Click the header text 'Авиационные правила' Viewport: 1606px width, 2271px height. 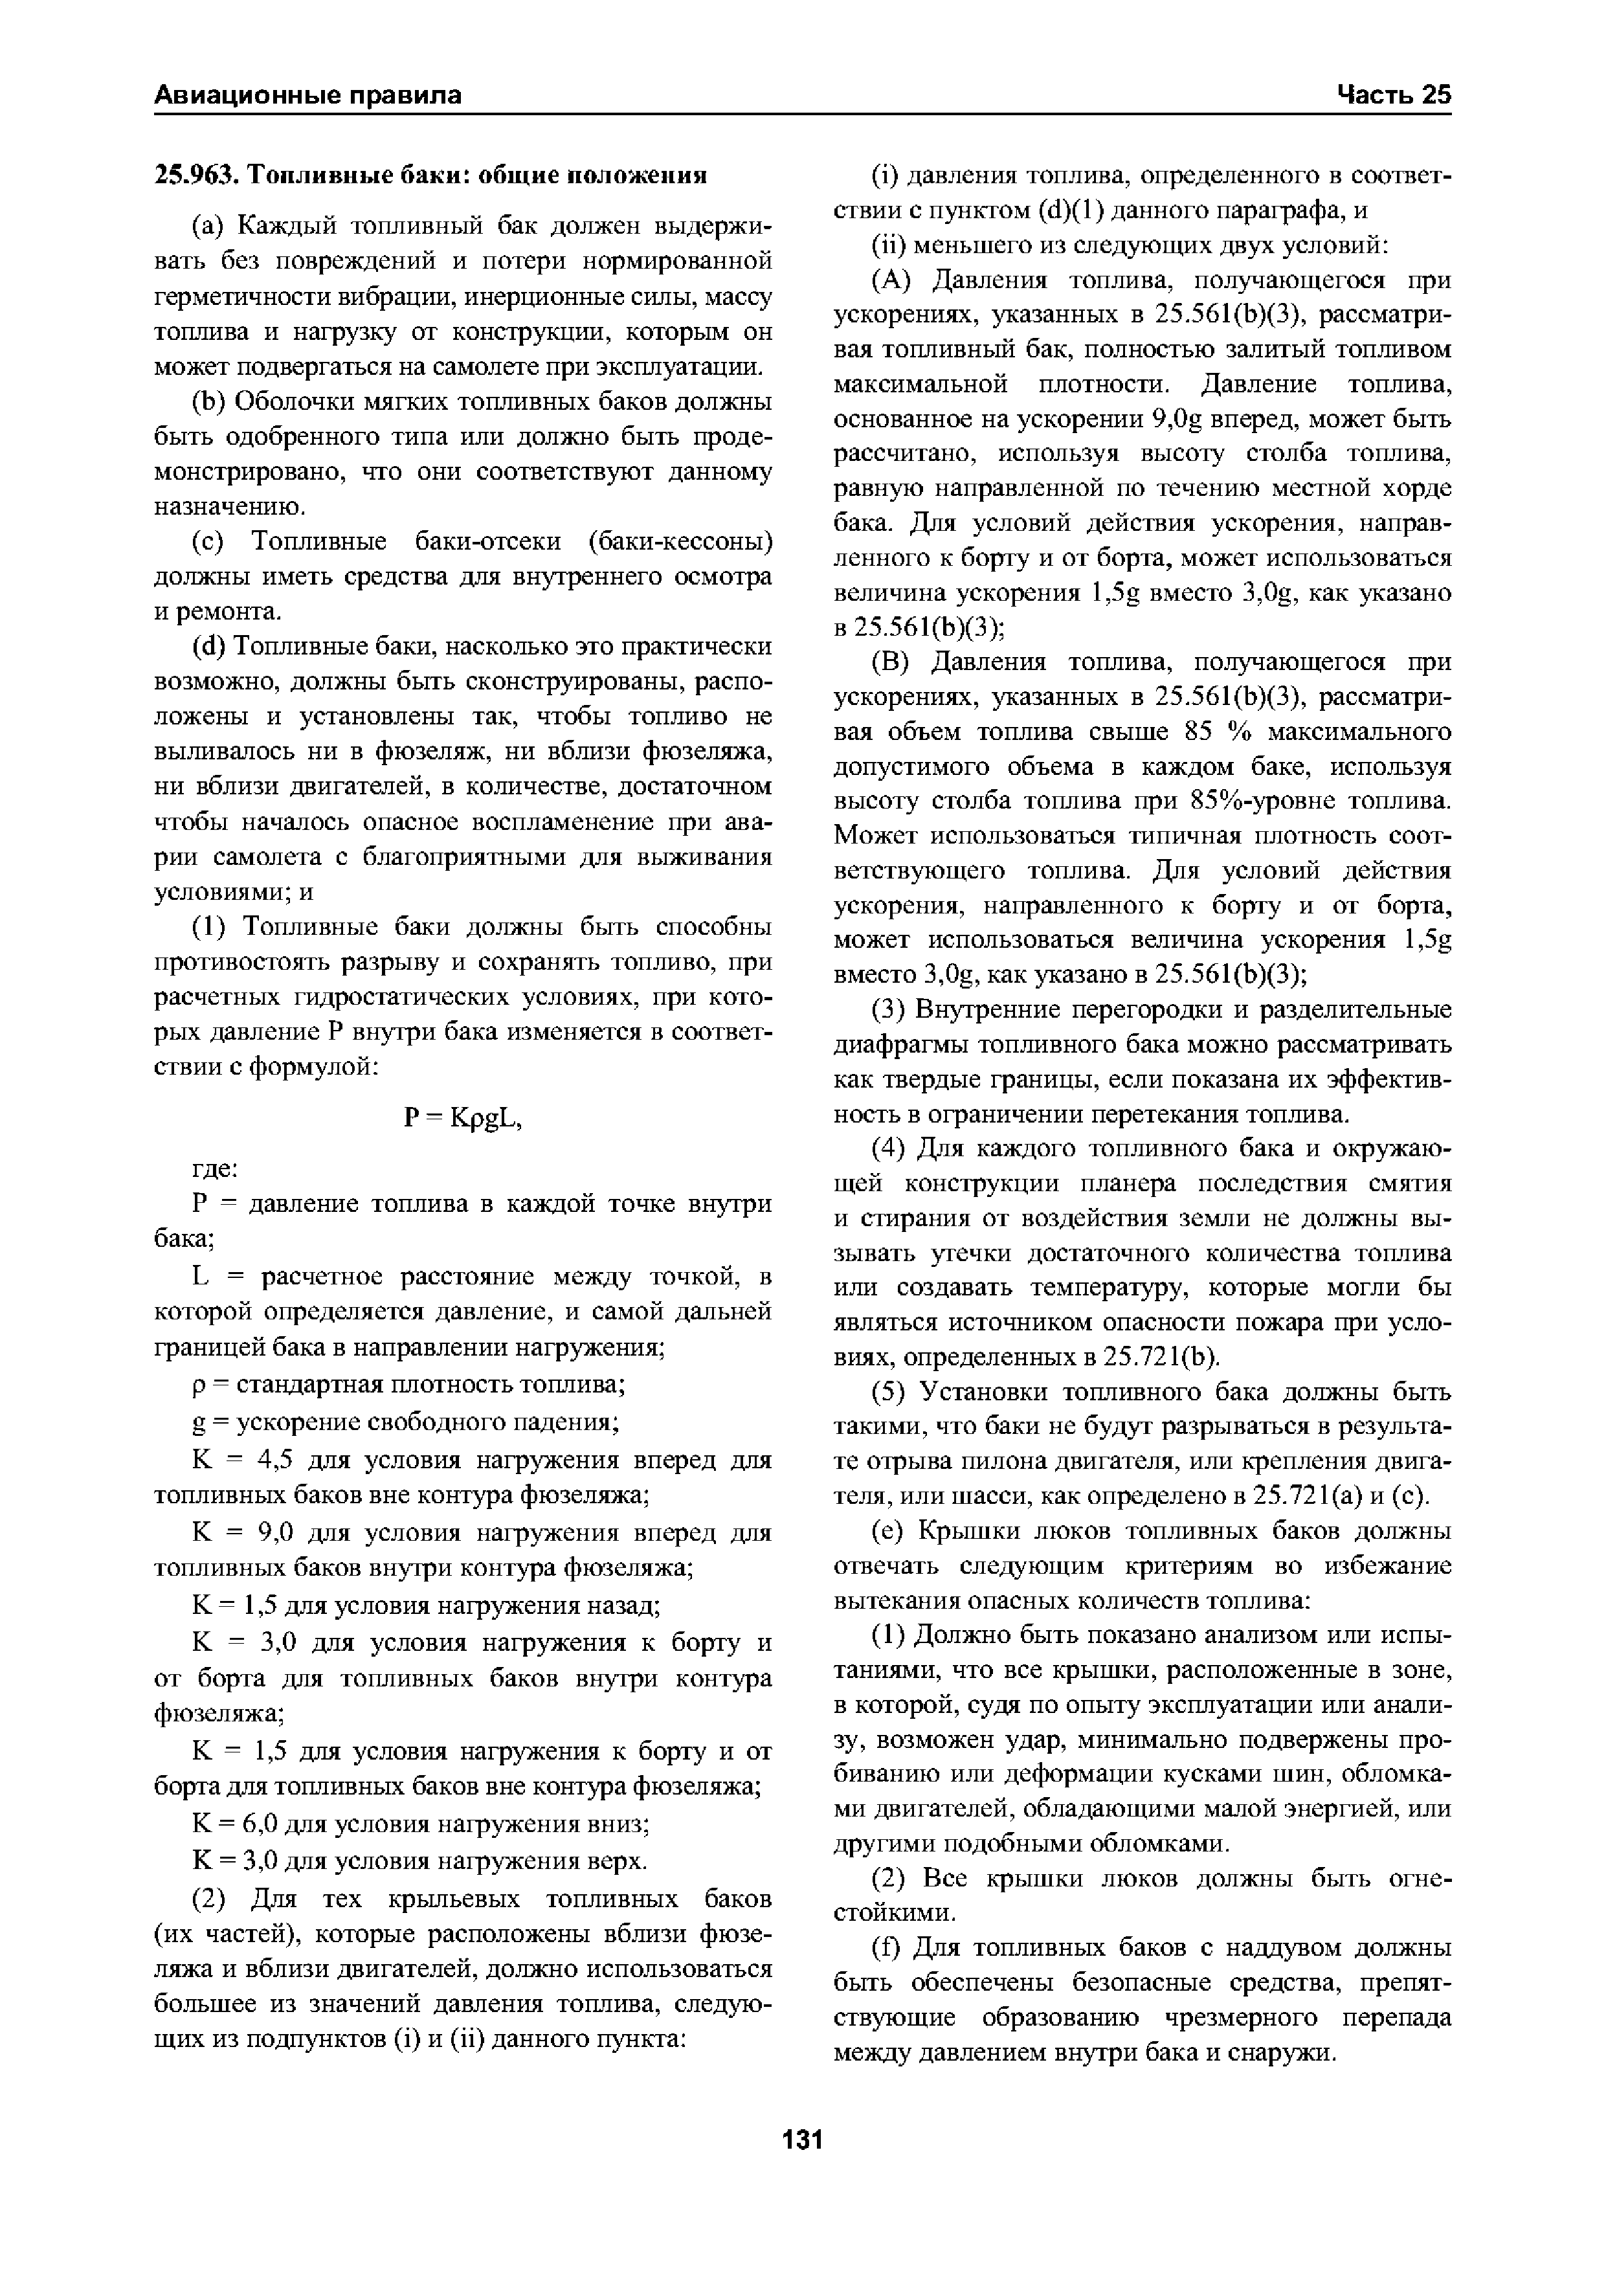pyautogui.click(x=307, y=95)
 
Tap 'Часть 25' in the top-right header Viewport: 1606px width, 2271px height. pyautogui.click(x=1394, y=95)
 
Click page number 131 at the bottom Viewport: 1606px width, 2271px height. pyautogui.click(x=802, y=2140)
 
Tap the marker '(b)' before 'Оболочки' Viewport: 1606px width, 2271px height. pyautogui.click(x=208, y=403)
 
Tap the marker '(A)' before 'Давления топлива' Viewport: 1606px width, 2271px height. pyautogui.click(x=896, y=281)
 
